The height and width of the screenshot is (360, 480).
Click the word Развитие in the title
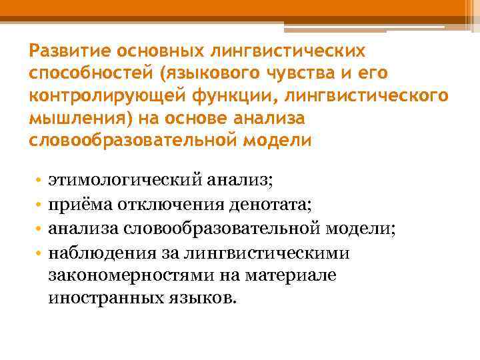point(71,51)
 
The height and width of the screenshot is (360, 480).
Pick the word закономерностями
point(123,275)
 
